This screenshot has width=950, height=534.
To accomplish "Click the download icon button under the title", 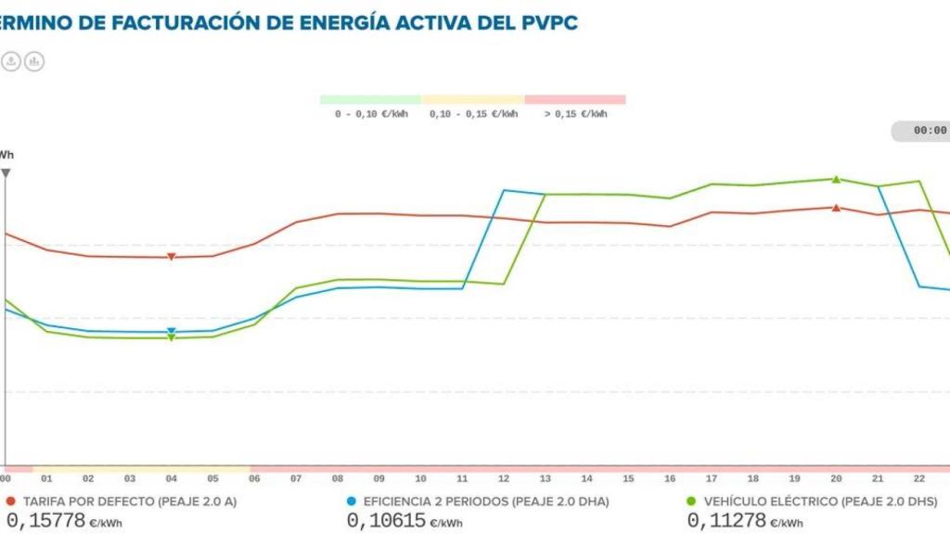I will click(10, 61).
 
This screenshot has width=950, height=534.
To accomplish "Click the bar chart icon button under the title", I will click(34, 61).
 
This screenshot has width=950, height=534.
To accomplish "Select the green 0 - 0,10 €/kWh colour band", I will click(370, 99).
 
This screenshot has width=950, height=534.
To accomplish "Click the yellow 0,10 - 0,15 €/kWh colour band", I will click(473, 99).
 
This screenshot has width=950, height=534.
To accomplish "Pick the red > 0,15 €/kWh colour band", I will click(575, 99).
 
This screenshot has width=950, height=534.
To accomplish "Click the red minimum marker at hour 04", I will click(171, 257).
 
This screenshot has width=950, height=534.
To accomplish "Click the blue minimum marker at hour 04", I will click(171, 331).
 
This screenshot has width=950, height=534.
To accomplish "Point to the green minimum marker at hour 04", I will click(171, 338).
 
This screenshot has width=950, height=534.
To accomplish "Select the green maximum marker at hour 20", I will click(836, 179).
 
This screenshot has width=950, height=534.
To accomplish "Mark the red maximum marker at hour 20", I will click(836, 208).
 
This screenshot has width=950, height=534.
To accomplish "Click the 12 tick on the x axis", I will click(503, 478).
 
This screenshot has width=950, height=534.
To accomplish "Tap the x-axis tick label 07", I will click(296, 478).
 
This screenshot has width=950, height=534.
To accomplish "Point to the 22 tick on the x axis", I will click(918, 478).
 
